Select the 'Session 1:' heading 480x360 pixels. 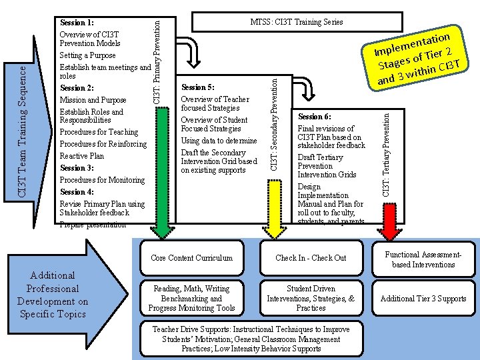tap(77, 23)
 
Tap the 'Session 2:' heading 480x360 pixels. tap(77, 88)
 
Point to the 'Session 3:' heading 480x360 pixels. tap(77, 168)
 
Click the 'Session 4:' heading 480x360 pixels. tap(77, 192)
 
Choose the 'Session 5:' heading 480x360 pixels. tap(198, 87)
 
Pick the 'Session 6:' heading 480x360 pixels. tap(314, 117)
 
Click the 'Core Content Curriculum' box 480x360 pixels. tap(191, 258)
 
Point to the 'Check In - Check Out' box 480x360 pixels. tap(311, 258)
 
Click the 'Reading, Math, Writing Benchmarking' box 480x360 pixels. tap(191, 299)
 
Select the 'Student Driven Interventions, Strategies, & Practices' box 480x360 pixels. tap(311, 299)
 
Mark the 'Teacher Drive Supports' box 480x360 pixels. tap(250, 339)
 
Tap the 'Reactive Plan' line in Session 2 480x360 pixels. tap(82, 156)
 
